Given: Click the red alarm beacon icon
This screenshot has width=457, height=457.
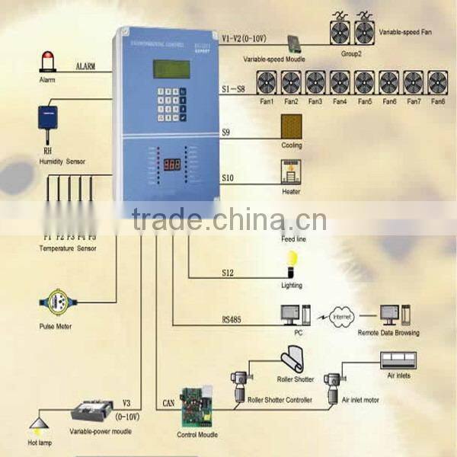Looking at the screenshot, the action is [47, 62].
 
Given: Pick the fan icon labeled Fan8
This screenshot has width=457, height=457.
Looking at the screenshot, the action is [436, 82].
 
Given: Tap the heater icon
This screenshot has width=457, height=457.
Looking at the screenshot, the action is [291, 172].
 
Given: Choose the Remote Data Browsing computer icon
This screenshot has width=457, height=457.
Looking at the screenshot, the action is [389, 315].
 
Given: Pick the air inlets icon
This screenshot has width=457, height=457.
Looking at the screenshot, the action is [402, 360].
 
